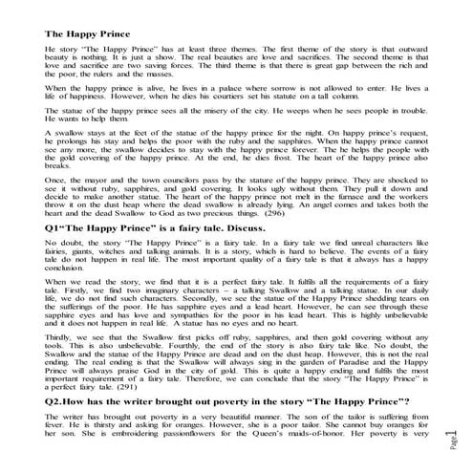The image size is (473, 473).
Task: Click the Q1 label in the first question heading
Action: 53,229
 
